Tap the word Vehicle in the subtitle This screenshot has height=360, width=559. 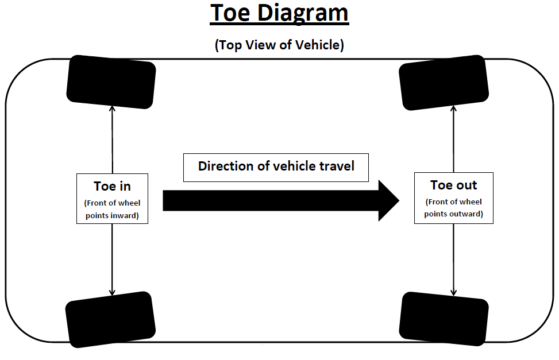pyautogui.click(x=318, y=45)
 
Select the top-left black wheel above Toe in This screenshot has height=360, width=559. pyautogui.click(x=111, y=82)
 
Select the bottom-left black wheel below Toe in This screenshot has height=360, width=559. pyautogui.click(x=111, y=319)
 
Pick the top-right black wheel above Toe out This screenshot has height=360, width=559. pyautogui.click(x=444, y=82)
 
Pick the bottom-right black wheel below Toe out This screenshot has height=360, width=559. pyautogui.click(x=443, y=319)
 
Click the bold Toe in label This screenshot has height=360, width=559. pyautogui.click(x=112, y=186)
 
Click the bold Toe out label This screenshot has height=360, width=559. pyautogui.click(x=453, y=185)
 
